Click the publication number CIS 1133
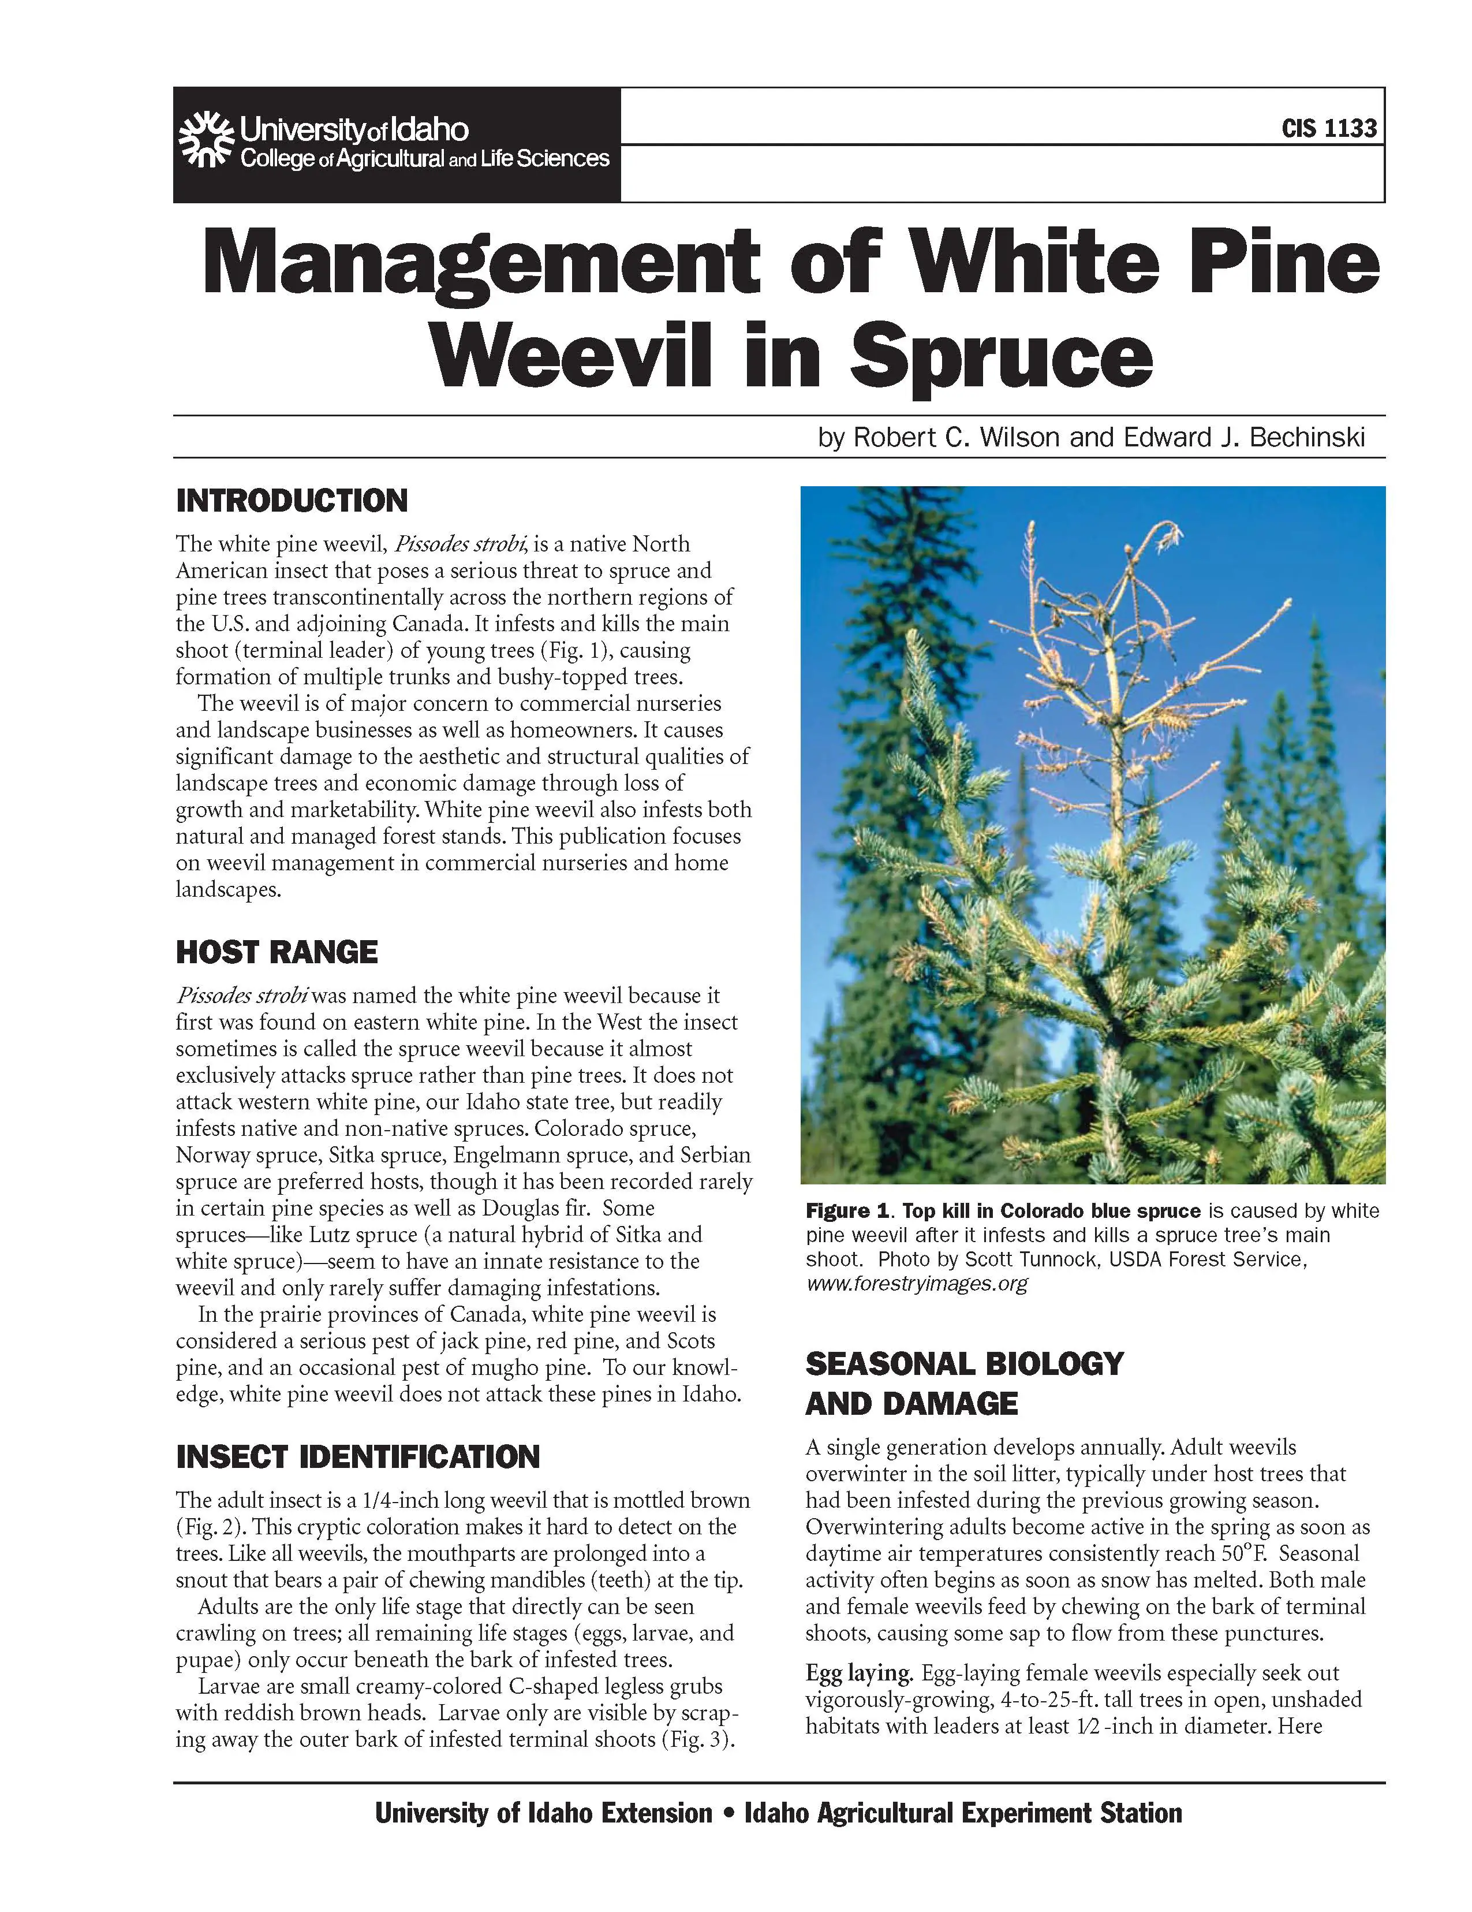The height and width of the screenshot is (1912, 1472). [x=1328, y=129]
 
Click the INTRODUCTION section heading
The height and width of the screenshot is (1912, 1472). [x=292, y=501]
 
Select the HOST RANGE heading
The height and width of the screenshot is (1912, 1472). [x=277, y=952]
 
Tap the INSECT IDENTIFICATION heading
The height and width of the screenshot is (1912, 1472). [x=357, y=1457]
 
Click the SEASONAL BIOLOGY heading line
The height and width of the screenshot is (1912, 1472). [x=963, y=1363]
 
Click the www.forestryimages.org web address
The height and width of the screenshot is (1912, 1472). [x=916, y=1283]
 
